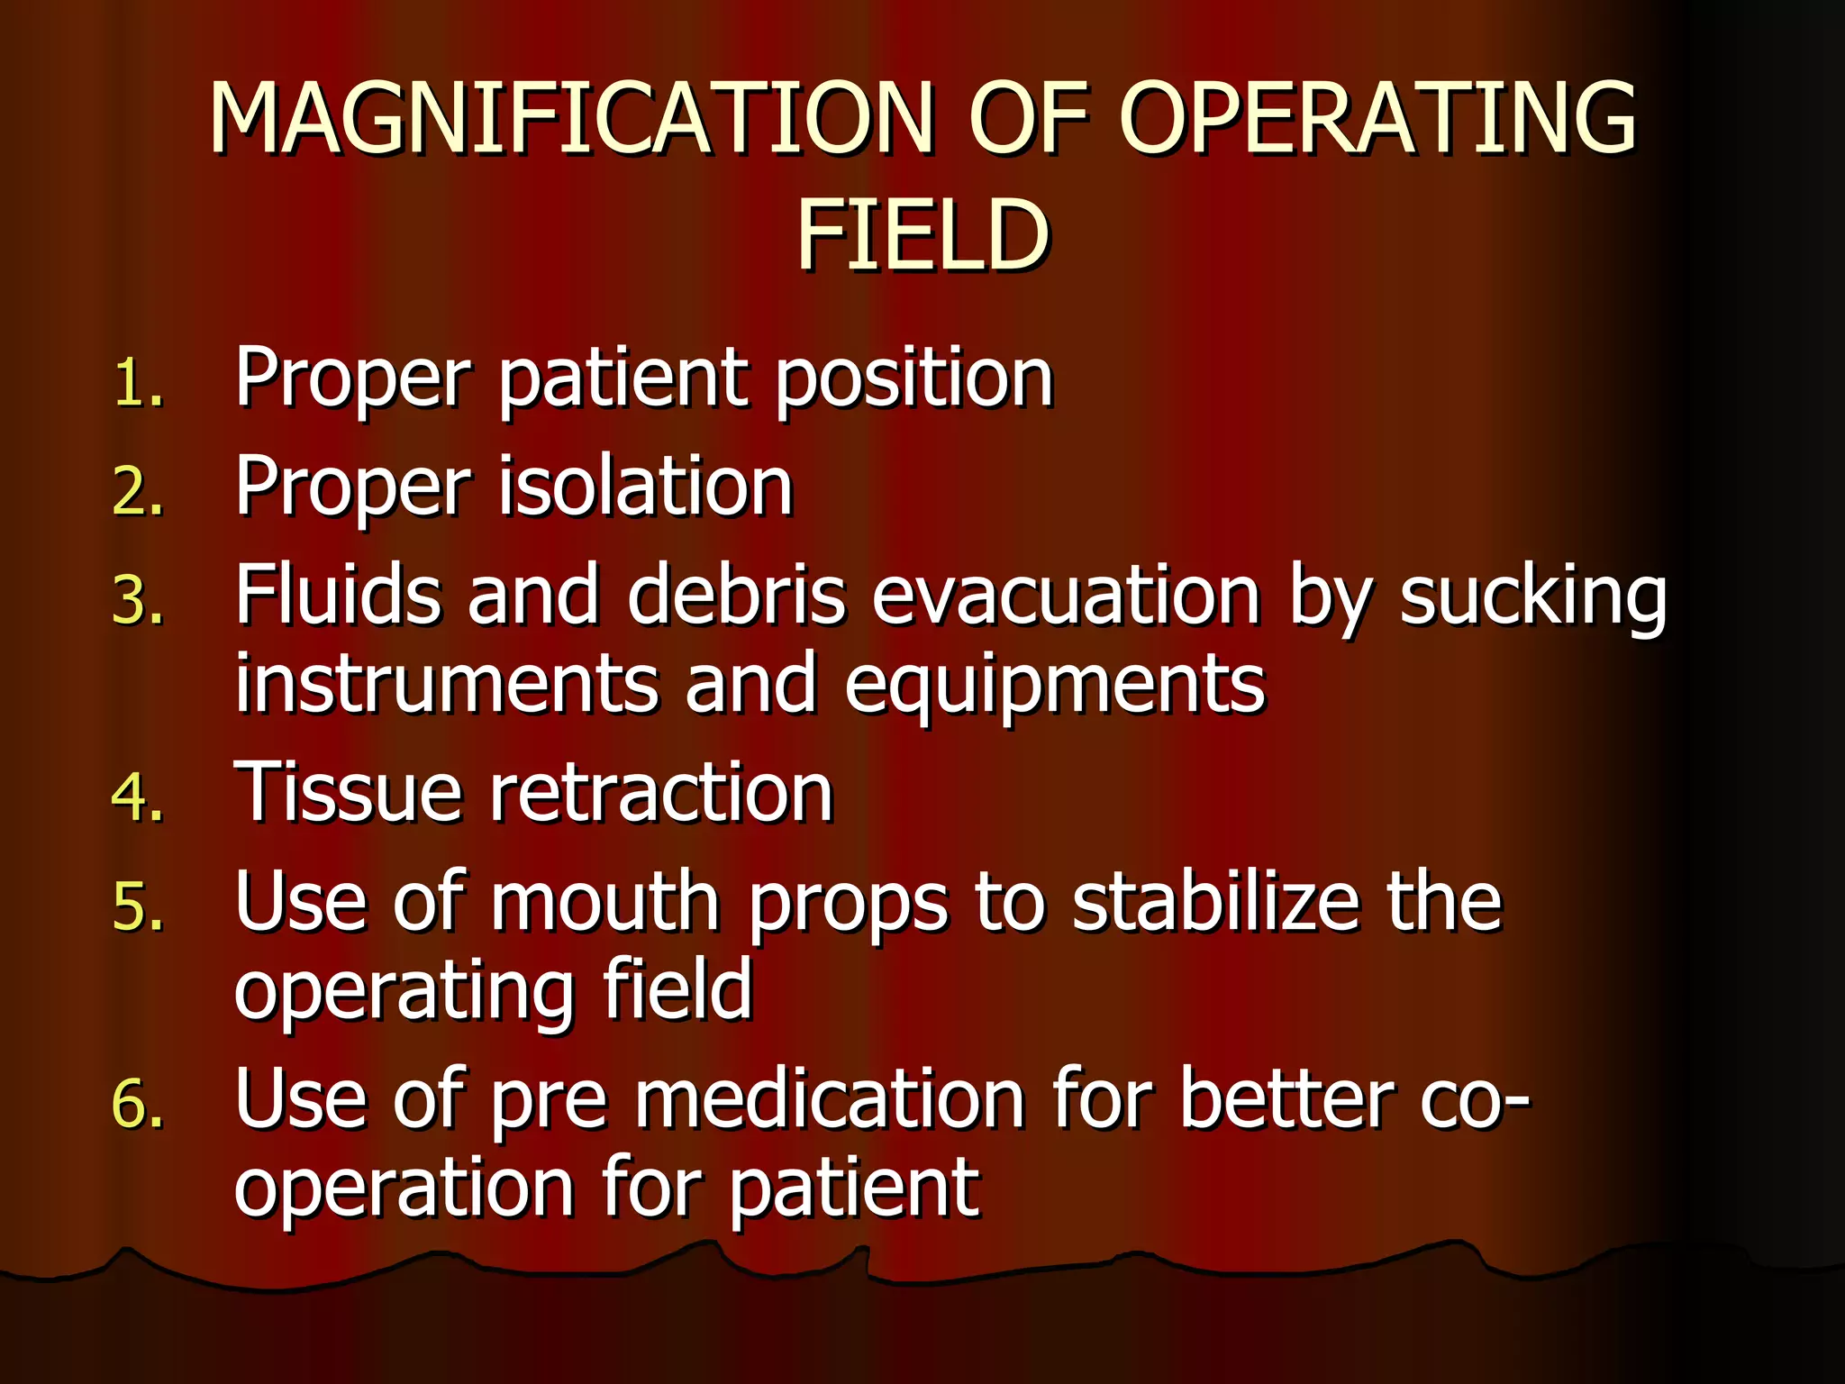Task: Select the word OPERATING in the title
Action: (1377, 119)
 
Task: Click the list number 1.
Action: (137, 384)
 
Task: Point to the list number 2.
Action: (138, 494)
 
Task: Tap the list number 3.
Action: (138, 602)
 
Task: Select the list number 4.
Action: (138, 798)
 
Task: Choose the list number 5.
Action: (138, 907)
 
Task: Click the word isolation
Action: (645, 487)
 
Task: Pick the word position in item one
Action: (913, 378)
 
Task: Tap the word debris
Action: (737, 595)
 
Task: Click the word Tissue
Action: (348, 793)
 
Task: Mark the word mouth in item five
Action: (604, 902)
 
